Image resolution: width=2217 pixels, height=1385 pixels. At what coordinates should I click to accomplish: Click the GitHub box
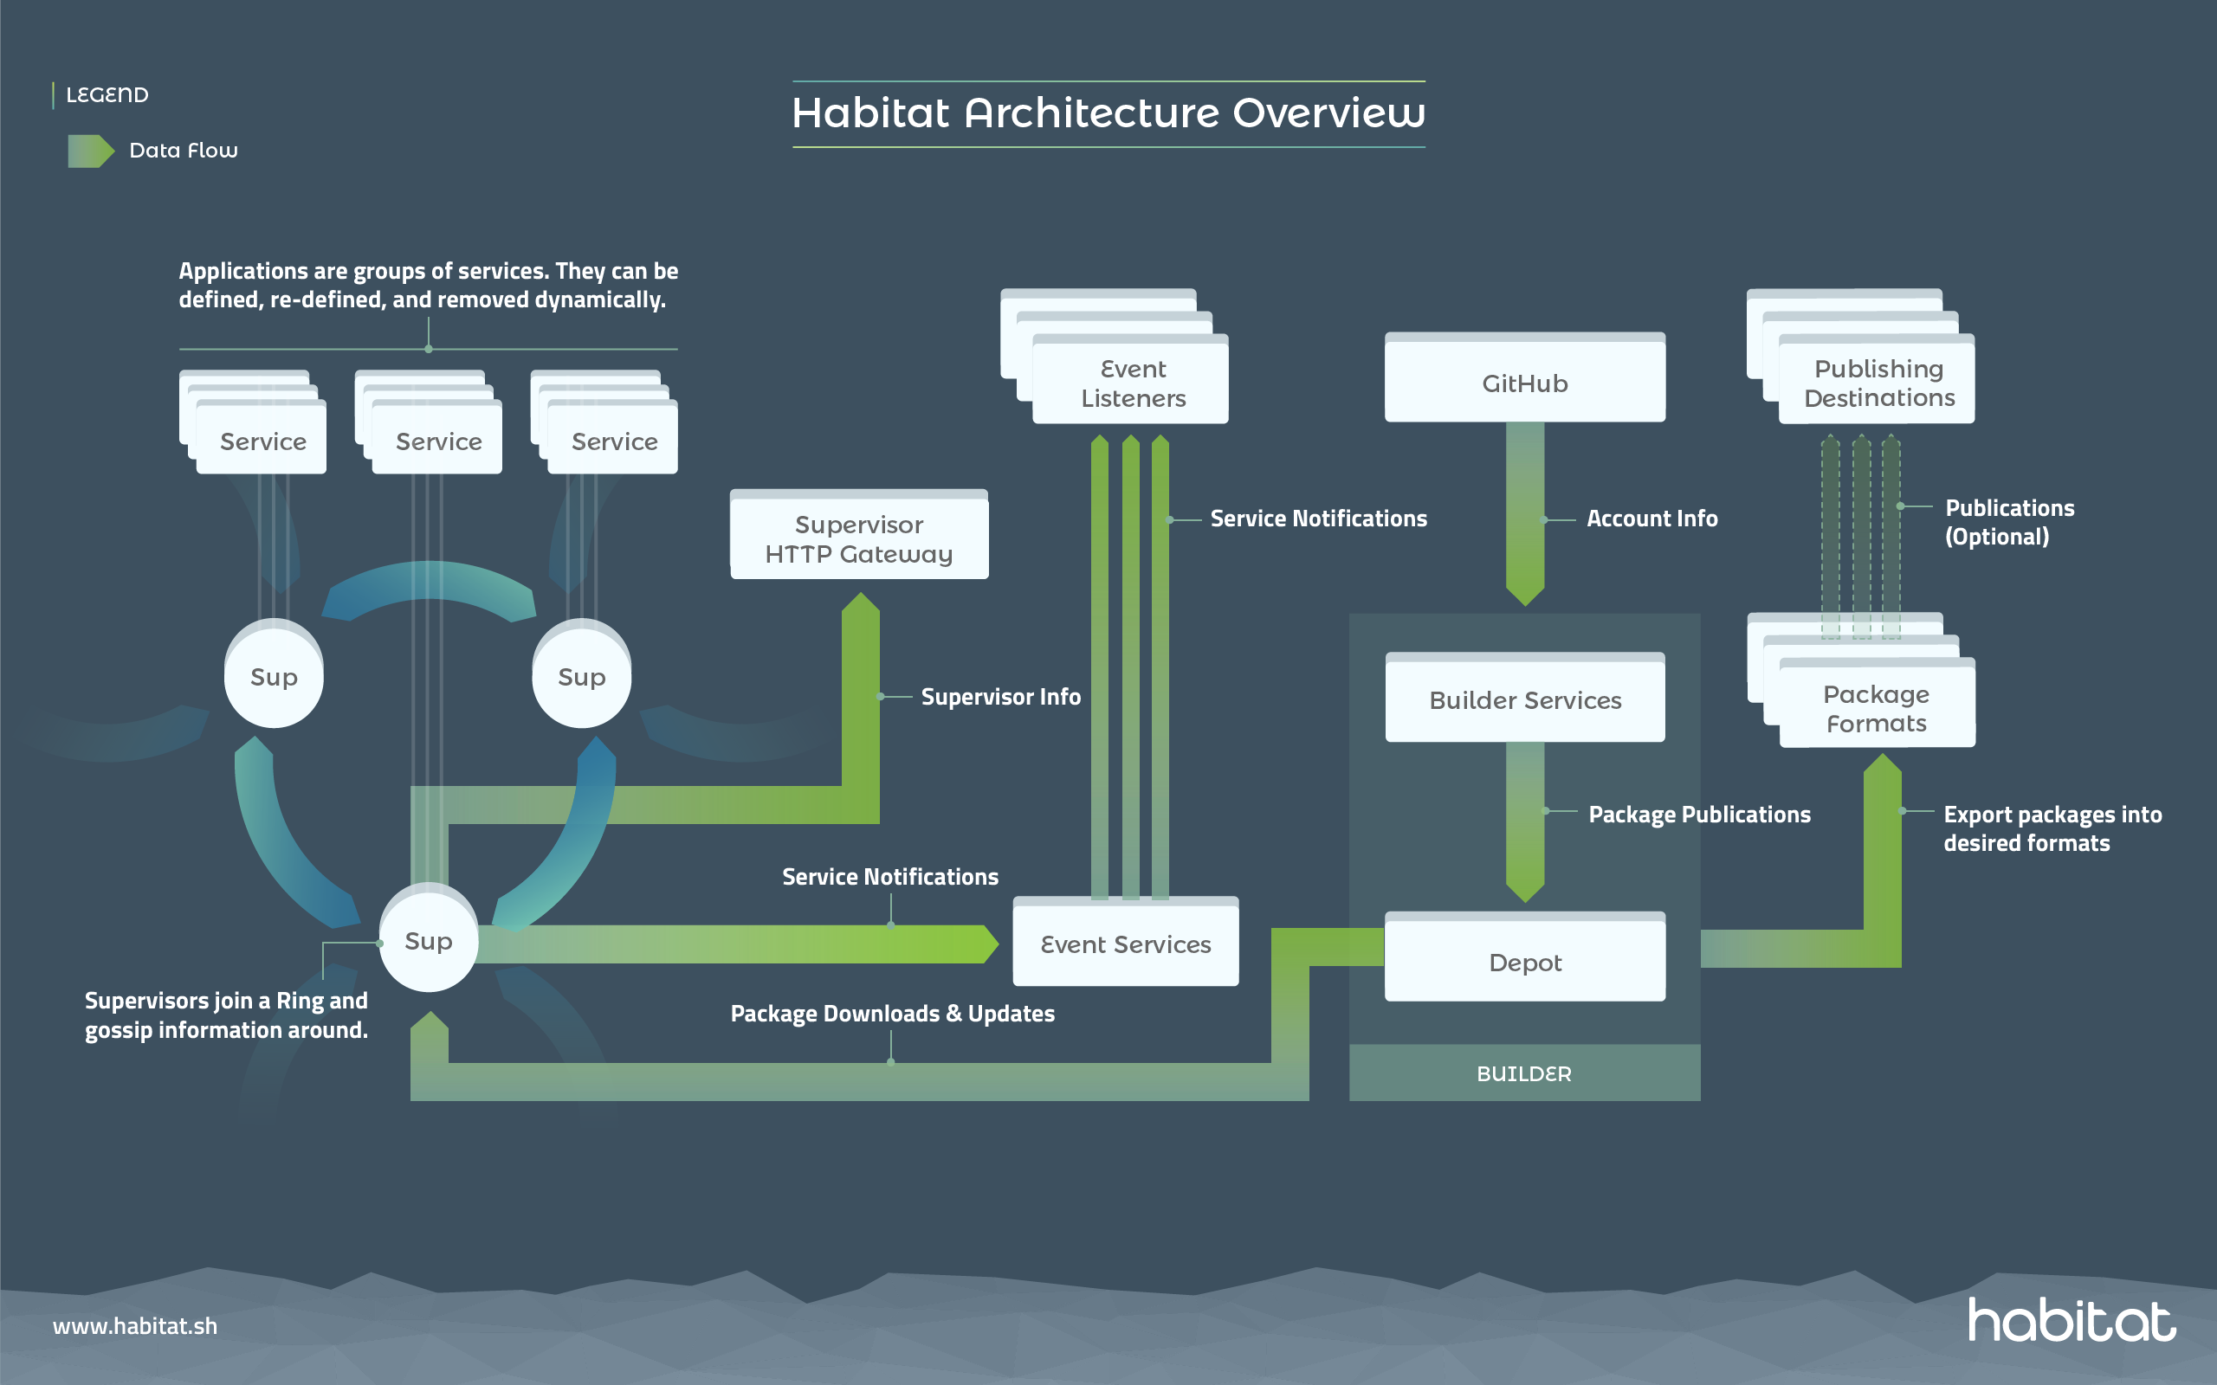coord(1524,382)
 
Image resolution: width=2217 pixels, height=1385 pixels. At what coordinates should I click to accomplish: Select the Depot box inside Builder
coord(1524,961)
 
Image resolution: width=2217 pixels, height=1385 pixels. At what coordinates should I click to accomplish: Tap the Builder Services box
coord(1524,699)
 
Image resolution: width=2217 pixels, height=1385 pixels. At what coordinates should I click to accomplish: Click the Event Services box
coord(1125,944)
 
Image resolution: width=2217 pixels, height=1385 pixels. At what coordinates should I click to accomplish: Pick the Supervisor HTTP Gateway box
coord(858,538)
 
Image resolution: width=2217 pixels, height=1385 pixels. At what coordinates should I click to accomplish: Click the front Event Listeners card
coord(1133,383)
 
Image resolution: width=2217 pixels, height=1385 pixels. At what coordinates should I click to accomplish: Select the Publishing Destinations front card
coord(1878,383)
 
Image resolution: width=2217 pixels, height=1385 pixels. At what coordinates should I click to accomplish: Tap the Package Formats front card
coord(1876,708)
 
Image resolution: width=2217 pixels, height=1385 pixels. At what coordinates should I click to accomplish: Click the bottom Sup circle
coord(428,941)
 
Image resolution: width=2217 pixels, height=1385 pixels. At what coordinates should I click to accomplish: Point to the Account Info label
coord(1651,519)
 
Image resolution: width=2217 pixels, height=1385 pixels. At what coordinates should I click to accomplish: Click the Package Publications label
coord(1698,815)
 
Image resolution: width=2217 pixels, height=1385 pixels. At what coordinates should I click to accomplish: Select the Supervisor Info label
coord(1000,697)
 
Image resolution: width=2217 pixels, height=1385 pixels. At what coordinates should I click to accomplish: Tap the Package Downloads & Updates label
coord(892,1013)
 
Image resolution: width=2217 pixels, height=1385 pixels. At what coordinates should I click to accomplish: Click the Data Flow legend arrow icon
coord(91,151)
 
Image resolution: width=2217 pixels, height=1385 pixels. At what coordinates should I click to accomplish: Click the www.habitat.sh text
coord(135,1325)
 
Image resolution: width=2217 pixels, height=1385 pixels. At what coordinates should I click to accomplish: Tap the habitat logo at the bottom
coord(2072,1320)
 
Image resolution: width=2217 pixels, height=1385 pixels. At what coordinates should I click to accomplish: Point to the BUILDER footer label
coord(1523,1073)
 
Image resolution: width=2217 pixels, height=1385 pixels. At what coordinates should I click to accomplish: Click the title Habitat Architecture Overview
coord(1108,113)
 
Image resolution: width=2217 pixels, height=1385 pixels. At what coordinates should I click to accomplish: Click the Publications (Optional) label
coord(2008,522)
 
